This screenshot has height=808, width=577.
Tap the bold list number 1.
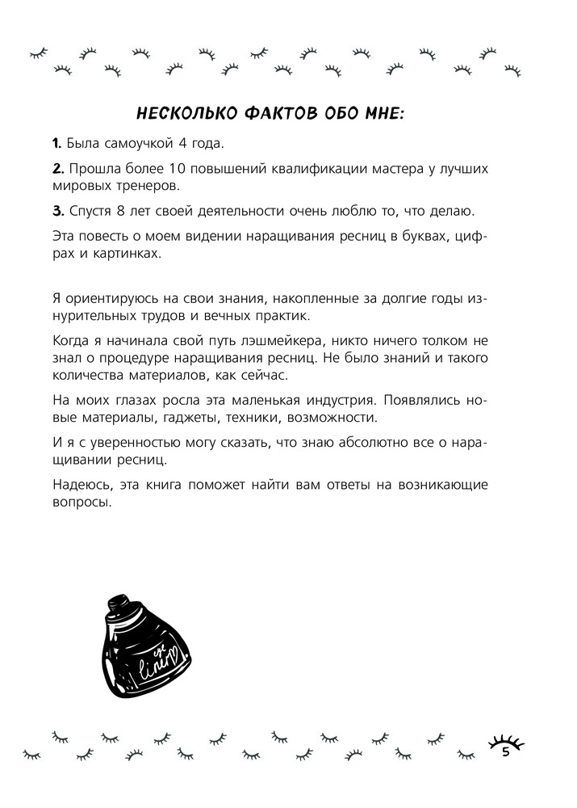(56, 144)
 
